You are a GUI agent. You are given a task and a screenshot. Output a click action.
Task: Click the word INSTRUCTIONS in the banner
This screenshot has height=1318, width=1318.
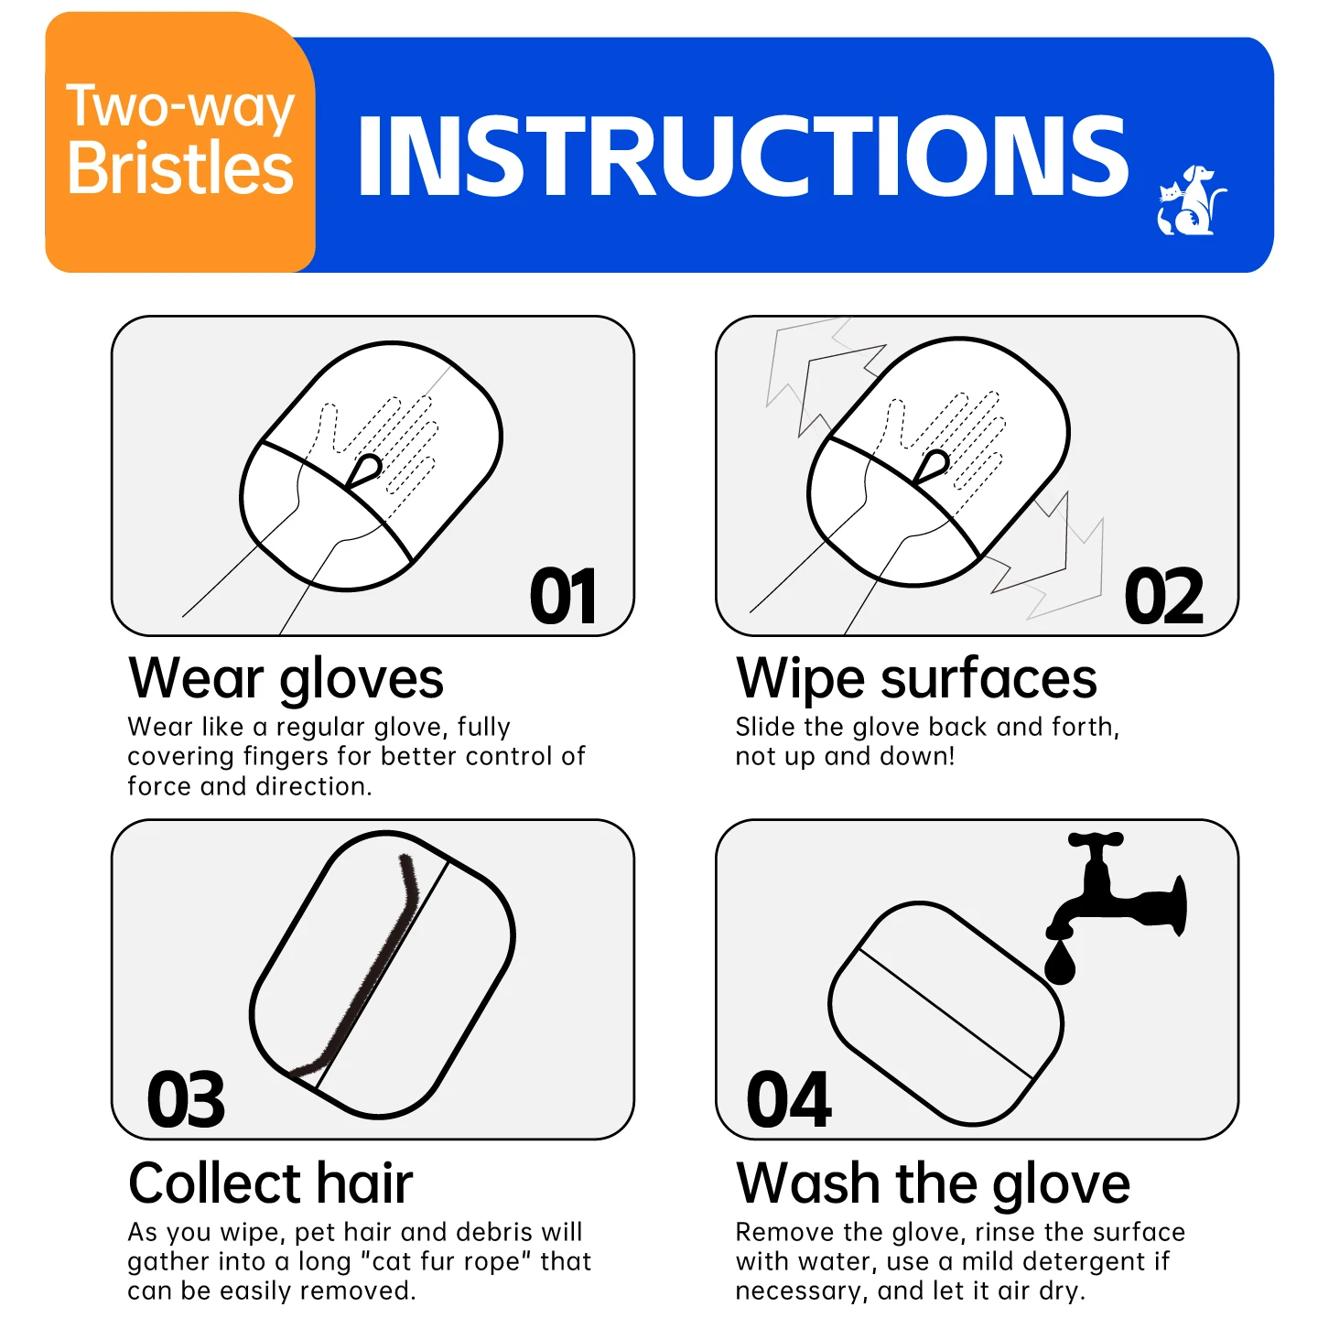pyautogui.click(x=743, y=157)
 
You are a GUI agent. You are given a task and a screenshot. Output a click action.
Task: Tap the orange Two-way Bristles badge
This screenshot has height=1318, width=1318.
pyautogui.click(x=180, y=142)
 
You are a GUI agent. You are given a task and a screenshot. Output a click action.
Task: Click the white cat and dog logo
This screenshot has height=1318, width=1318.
pyautogui.click(x=1191, y=200)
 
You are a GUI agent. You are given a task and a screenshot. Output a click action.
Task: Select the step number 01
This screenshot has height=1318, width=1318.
pyautogui.click(x=564, y=597)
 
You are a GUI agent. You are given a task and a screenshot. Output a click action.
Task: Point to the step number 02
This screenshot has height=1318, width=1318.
pyautogui.click(x=1163, y=597)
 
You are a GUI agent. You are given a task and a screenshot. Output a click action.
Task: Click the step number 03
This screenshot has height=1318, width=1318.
pyautogui.click(x=186, y=1100)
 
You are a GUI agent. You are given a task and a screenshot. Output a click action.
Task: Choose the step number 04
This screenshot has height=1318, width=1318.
pyautogui.click(x=789, y=1100)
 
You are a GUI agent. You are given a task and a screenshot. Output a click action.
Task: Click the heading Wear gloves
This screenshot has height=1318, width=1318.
pyautogui.click(x=286, y=679)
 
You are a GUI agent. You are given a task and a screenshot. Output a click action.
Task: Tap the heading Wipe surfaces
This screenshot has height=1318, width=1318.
pyautogui.click(x=916, y=679)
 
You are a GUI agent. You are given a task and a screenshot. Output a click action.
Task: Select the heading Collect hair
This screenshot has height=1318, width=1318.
pyautogui.click(x=270, y=1183)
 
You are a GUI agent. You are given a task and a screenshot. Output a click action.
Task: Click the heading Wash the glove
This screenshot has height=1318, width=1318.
pyautogui.click(x=933, y=1183)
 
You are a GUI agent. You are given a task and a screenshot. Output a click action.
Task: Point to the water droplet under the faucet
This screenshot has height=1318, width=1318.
pyautogui.click(x=1060, y=964)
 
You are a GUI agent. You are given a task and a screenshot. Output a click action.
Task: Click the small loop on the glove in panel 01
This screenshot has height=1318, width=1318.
pyautogui.click(x=366, y=468)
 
